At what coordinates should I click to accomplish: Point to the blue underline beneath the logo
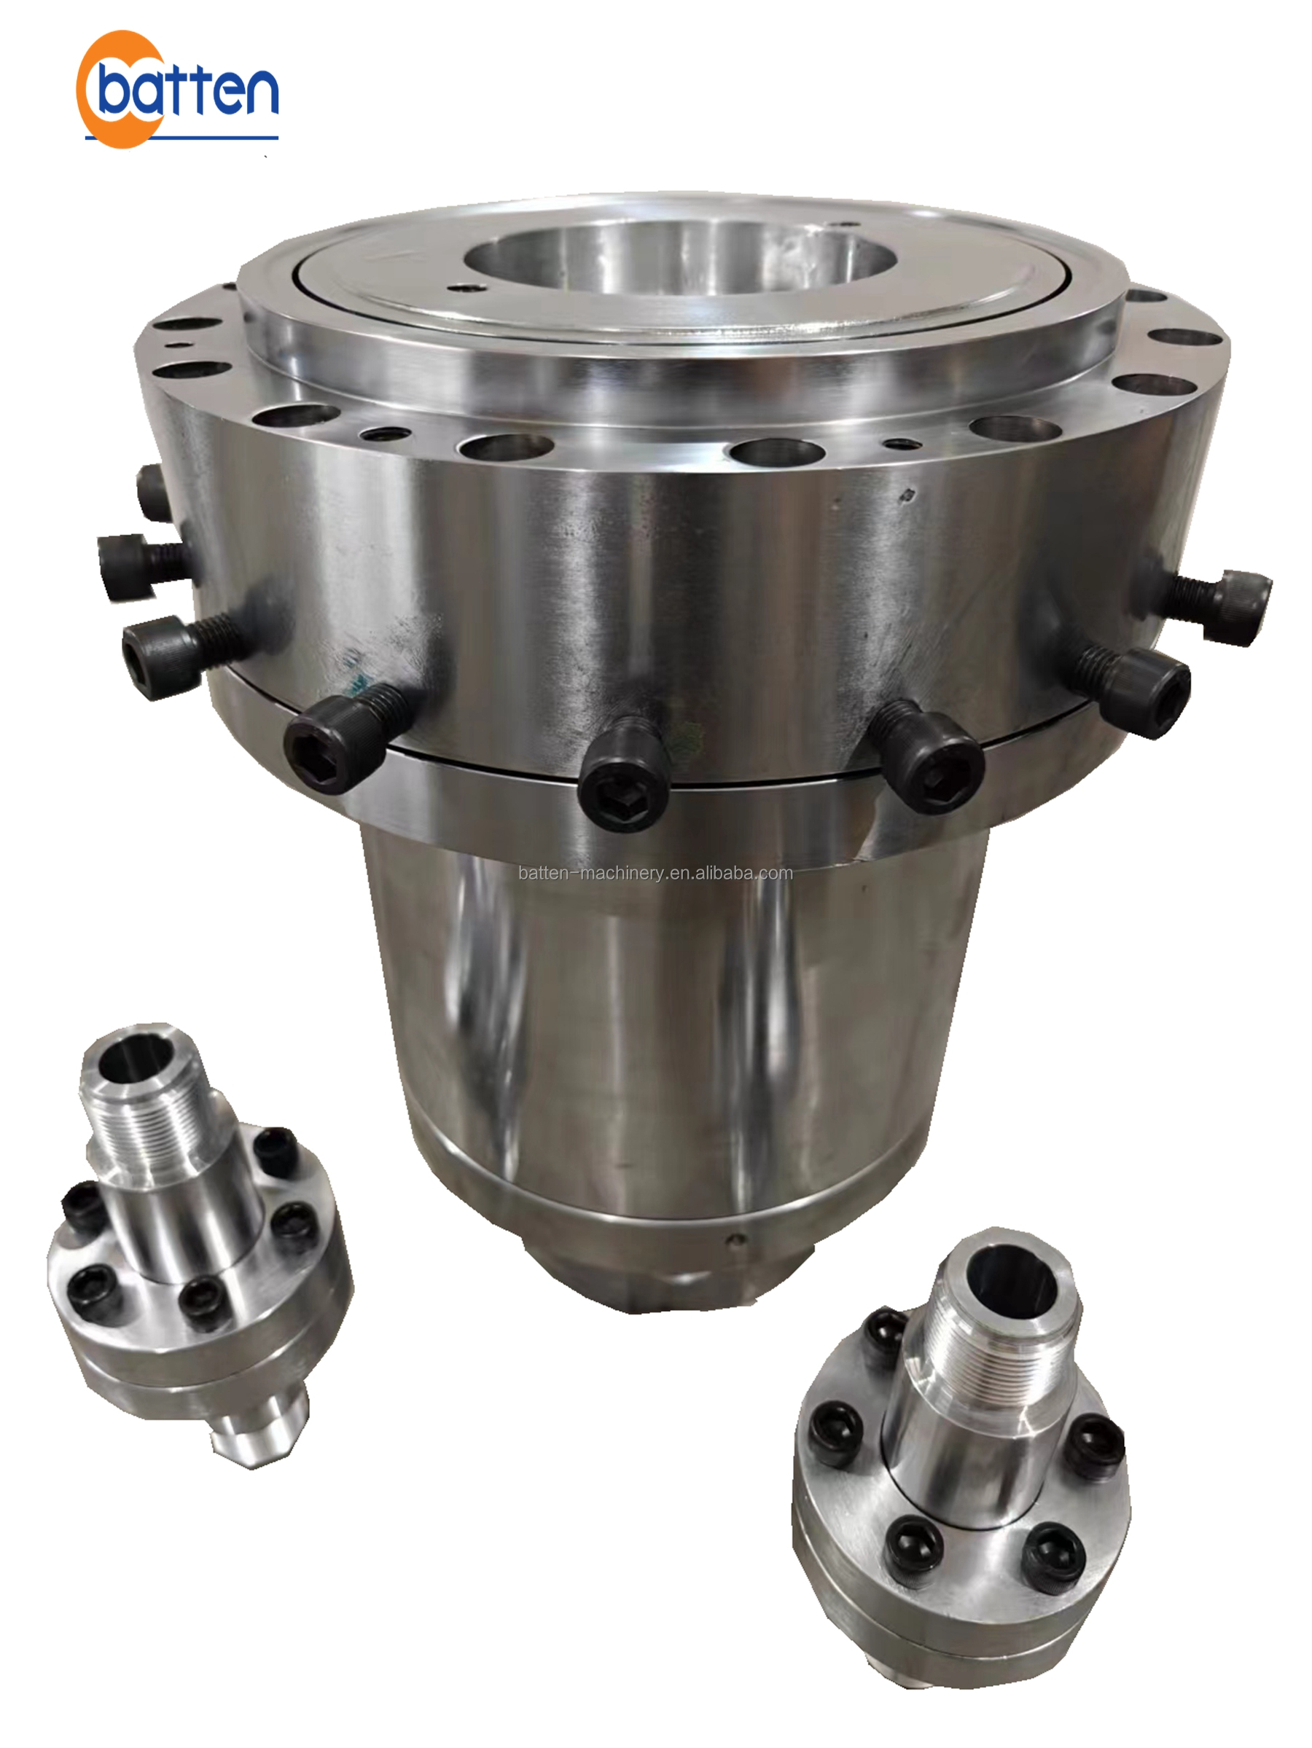181,138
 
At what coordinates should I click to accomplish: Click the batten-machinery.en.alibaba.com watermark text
655,873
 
